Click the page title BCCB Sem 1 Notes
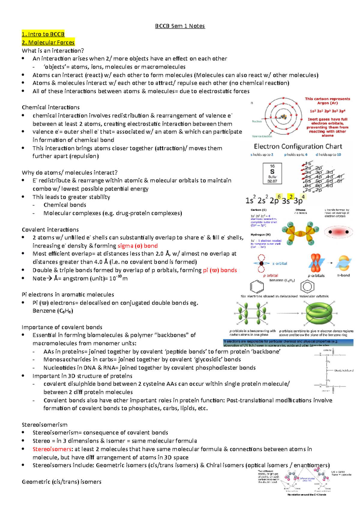click(x=180, y=26)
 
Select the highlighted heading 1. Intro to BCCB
click(x=43, y=34)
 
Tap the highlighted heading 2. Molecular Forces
click(x=48, y=43)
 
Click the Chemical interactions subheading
click(x=51, y=107)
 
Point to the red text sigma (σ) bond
click(x=138, y=246)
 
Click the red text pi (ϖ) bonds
click(x=220, y=270)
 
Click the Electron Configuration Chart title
click(x=298, y=147)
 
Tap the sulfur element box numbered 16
click(x=272, y=173)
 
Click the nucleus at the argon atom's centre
click(x=283, y=117)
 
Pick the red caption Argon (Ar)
click(x=327, y=103)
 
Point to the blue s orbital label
click(x=280, y=263)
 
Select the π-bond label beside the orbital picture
click(x=343, y=275)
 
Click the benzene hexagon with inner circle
click(x=307, y=287)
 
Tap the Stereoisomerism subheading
click(x=45, y=425)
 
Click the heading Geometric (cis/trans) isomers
click(x=61, y=482)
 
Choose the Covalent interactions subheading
click(x=50, y=230)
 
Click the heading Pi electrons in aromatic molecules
click(x=68, y=295)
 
